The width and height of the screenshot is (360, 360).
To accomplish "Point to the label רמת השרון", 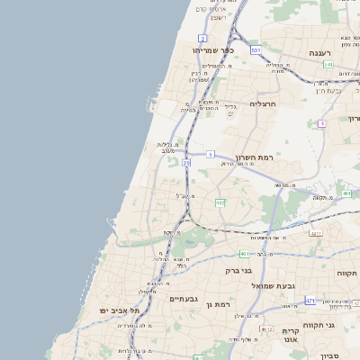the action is tap(253, 157).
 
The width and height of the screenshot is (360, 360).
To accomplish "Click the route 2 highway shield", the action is tap(203, 38).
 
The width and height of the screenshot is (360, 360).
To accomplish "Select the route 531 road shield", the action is tap(256, 50).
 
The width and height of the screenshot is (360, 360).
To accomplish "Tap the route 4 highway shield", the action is tap(321, 123).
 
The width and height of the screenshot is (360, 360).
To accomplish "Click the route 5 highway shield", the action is tap(210, 155).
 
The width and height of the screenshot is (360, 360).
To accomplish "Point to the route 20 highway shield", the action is tap(186, 163).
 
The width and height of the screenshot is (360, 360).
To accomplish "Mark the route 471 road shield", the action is tap(310, 301).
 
